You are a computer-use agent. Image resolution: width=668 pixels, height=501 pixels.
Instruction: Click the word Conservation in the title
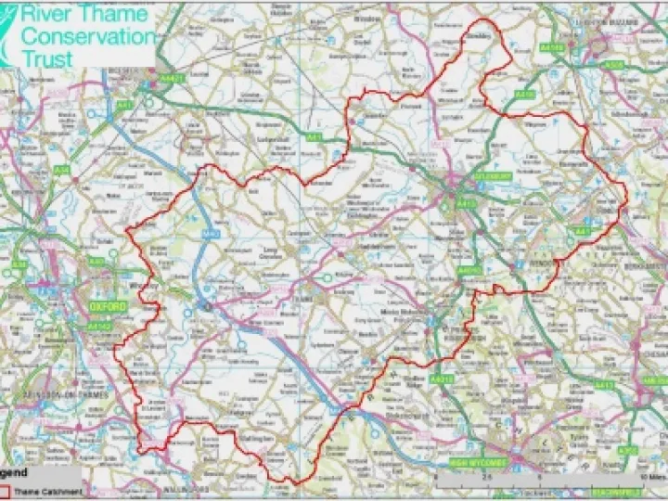(x=89, y=36)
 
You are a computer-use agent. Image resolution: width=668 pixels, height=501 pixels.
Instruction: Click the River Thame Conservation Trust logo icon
(x=8, y=32)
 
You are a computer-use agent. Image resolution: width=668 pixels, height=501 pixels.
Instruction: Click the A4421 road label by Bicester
(x=173, y=80)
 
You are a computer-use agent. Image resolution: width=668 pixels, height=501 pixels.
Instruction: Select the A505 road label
(x=613, y=65)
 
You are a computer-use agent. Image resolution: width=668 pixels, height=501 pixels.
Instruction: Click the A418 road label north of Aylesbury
(x=524, y=95)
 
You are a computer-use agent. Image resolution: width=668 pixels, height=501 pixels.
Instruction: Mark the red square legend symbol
(x=5, y=491)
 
